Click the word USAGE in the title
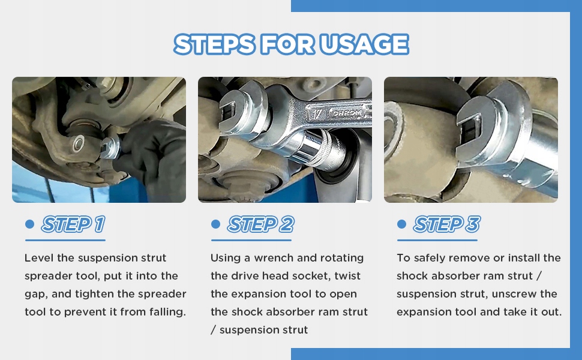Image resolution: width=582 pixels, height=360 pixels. point(364,44)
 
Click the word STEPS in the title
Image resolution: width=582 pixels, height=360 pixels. point(215,44)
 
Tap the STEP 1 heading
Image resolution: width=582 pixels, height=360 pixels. point(73,224)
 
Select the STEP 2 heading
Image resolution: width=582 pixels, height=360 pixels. point(260,224)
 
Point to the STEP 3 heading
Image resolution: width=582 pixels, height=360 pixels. point(447,224)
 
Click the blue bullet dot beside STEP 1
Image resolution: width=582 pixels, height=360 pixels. point(29,224)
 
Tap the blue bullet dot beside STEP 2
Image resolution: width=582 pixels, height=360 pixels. point(215,224)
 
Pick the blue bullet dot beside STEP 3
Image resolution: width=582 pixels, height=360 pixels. point(401,224)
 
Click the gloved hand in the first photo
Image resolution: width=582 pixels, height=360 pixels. point(152,156)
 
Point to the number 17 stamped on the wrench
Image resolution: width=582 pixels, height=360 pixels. point(318,113)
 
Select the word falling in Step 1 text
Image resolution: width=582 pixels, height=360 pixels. point(167,312)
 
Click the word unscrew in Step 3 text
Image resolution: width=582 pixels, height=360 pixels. point(514,294)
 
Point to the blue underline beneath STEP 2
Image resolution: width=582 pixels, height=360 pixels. point(251,240)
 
